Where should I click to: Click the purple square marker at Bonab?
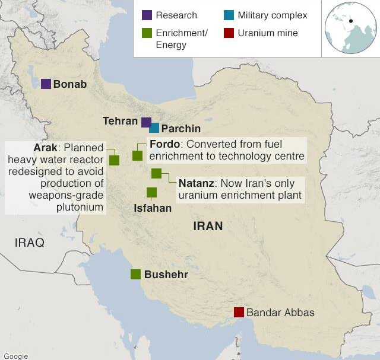[x=46, y=84]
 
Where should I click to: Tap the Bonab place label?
[x=70, y=84]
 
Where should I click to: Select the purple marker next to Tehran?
[x=146, y=122]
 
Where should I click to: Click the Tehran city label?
[x=121, y=121]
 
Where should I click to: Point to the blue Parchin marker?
[x=154, y=128]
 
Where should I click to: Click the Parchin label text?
[x=181, y=129]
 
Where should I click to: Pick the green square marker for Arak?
[x=114, y=160]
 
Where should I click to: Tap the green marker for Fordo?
[x=137, y=155]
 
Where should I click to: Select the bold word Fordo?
[x=164, y=145]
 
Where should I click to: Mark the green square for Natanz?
[x=156, y=173]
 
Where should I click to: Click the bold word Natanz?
[x=196, y=183]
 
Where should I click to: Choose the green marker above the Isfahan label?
[x=151, y=192]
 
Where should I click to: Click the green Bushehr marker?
[x=135, y=274]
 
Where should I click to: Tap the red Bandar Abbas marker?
[x=239, y=312]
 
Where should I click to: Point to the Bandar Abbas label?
[x=280, y=313]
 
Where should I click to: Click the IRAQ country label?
[x=30, y=243]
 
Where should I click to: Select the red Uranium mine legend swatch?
[x=229, y=33]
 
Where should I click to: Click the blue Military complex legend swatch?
[x=229, y=15]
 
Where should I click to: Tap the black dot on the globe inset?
[x=351, y=21]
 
